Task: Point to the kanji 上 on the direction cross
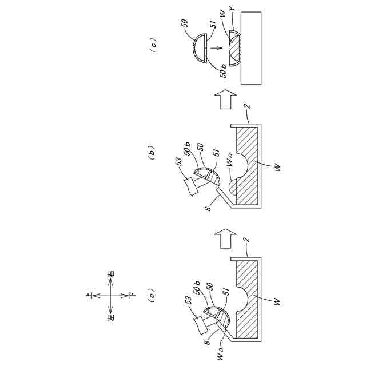[91, 296]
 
